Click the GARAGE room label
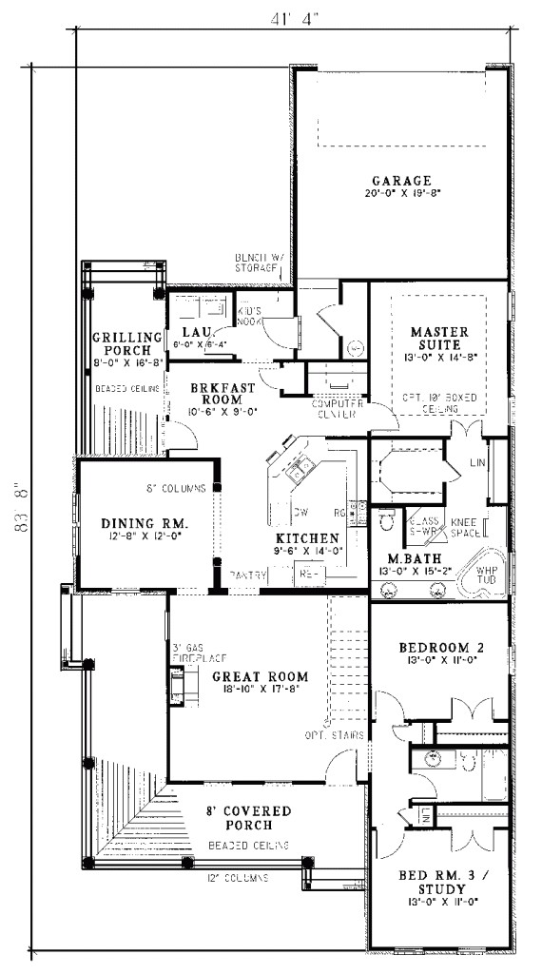401,181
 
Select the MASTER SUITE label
436,338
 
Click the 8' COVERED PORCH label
248,817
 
